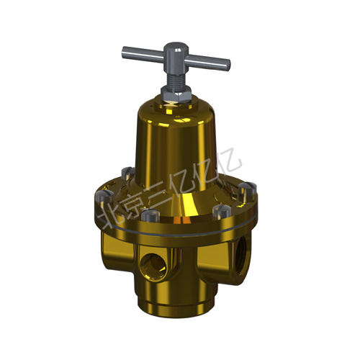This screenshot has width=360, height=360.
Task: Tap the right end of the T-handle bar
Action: point(228,66)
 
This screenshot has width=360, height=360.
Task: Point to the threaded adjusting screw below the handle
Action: point(176,78)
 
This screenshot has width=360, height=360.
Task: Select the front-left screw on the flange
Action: point(150,215)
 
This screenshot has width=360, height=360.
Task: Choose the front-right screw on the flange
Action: point(222,212)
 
